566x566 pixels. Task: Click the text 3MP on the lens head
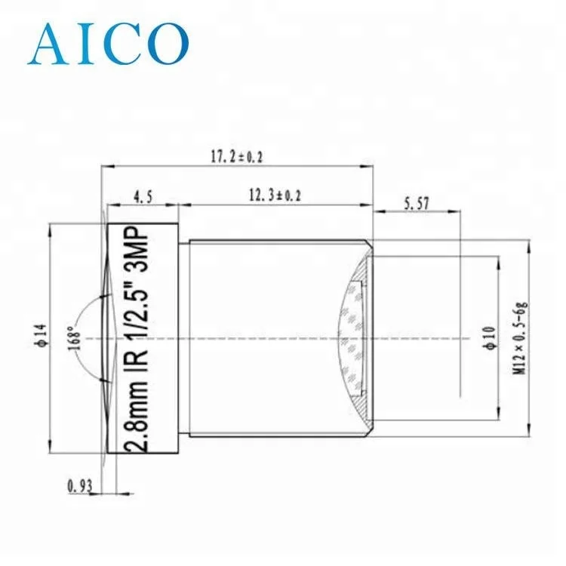tap(143, 252)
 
